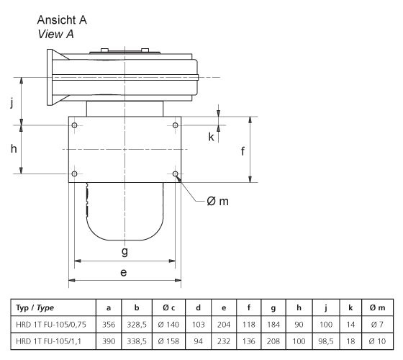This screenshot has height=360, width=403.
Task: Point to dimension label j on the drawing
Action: click(x=12, y=102)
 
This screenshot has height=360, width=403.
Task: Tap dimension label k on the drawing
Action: click(x=211, y=136)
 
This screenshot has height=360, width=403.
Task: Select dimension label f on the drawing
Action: click(x=243, y=151)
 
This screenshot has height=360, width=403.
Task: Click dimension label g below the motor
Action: click(x=124, y=251)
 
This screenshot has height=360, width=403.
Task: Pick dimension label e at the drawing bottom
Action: click(x=124, y=272)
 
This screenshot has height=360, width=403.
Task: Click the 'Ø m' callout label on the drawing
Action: click(x=217, y=201)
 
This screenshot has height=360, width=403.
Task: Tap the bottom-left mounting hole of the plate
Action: click(x=76, y=174)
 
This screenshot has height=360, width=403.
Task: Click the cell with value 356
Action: click(x=108, y=323)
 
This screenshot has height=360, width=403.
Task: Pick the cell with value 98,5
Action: click(x=325, y=340)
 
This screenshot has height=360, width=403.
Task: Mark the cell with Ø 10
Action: click(x=377, y=340)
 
